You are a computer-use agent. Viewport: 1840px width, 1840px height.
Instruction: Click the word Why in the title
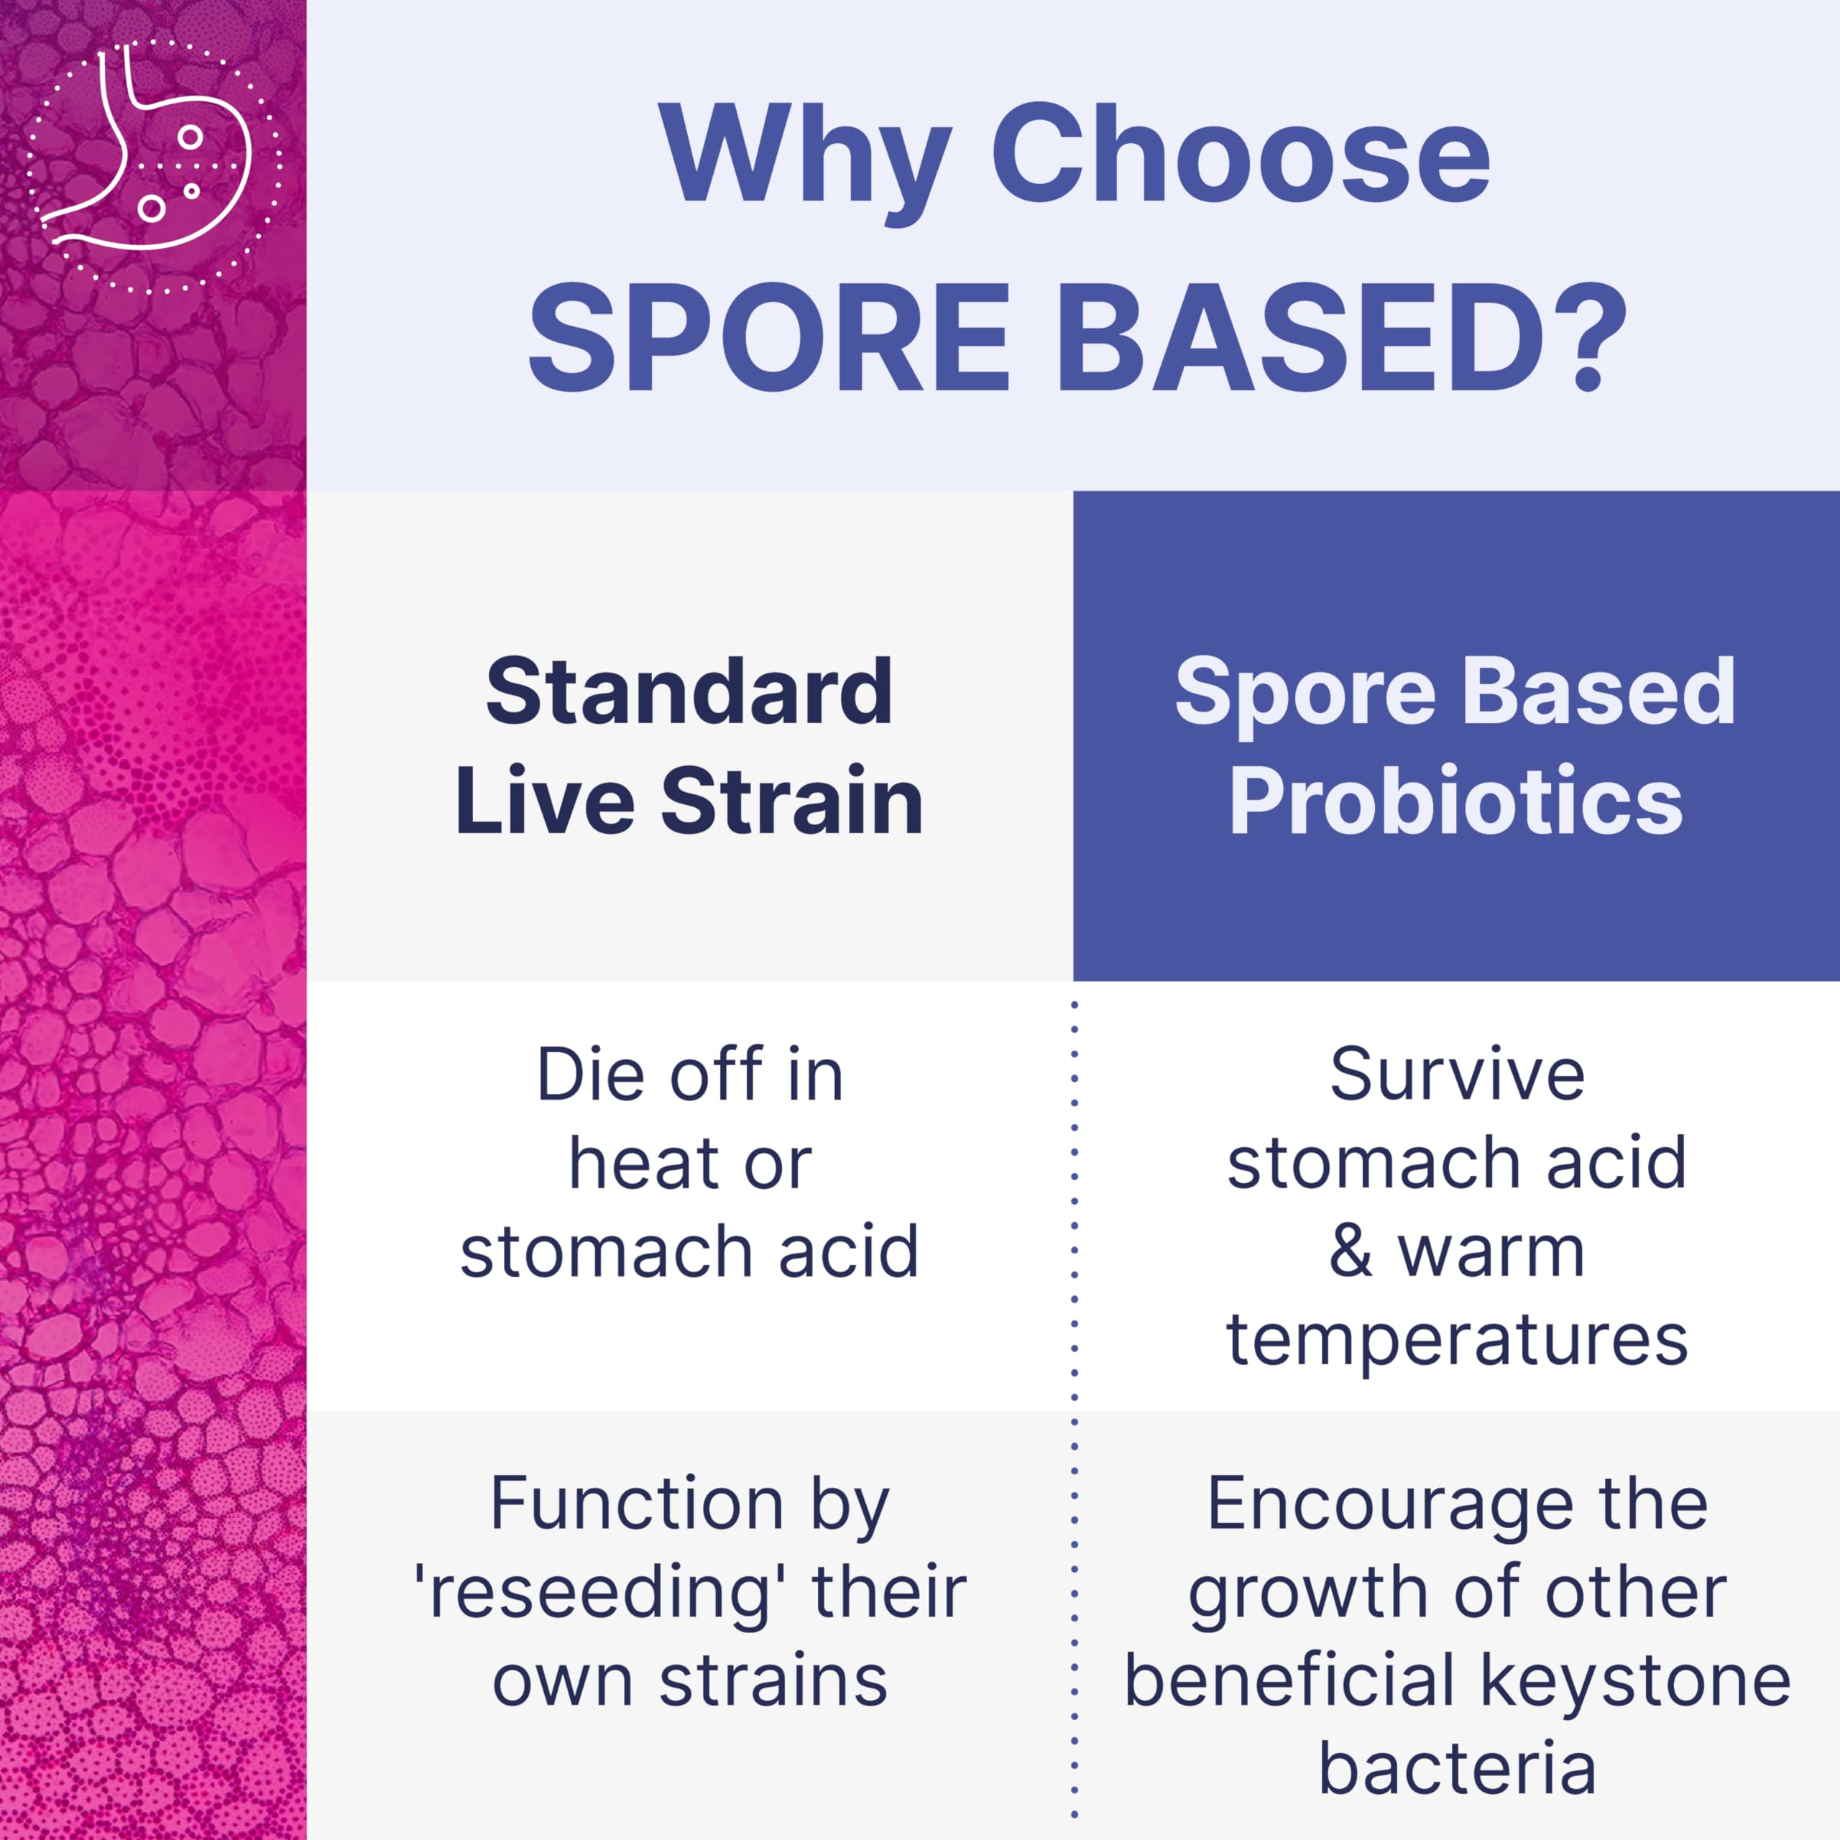click(x=805, y=157)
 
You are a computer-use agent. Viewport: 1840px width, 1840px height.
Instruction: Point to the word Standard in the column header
click(x=689, y=692)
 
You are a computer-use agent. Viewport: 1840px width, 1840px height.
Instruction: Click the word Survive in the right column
click(x=1457, y=1075)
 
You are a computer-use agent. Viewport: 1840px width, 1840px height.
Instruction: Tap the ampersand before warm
click(x=1351, y=1251)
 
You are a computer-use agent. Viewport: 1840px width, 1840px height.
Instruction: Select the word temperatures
click(x=1457, y=1341)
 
